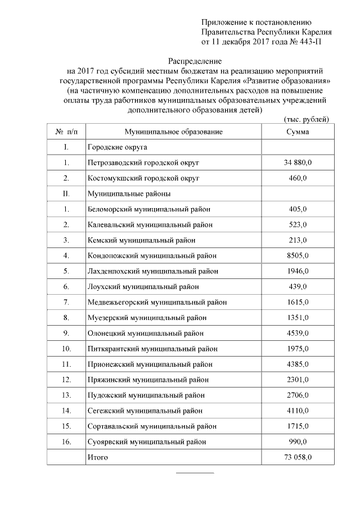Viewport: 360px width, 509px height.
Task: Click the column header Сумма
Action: tap(297, 132)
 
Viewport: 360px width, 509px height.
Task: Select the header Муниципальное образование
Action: tap(173, 132)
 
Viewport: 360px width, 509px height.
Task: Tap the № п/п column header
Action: tap(66, 132)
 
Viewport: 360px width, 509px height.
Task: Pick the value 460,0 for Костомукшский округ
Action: tap(297, 178)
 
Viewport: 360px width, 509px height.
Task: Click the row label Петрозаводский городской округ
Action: tap(143, 163)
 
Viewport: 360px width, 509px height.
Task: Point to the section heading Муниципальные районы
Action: tap(129, 193)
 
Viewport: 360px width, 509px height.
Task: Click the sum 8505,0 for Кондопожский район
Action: tap(297, 256)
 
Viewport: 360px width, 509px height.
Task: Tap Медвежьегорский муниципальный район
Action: tap(157, 302)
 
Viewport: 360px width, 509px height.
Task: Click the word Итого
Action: tap(97, 457)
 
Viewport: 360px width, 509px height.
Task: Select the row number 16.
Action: tap(66, 442)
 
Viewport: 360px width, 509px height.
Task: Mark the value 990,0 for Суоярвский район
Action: tap(297, 442)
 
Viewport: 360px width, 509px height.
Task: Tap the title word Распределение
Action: tap(196, 60)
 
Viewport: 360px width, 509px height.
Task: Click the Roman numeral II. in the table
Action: tap(66, 193)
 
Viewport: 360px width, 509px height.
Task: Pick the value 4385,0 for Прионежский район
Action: tap(297, 364)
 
